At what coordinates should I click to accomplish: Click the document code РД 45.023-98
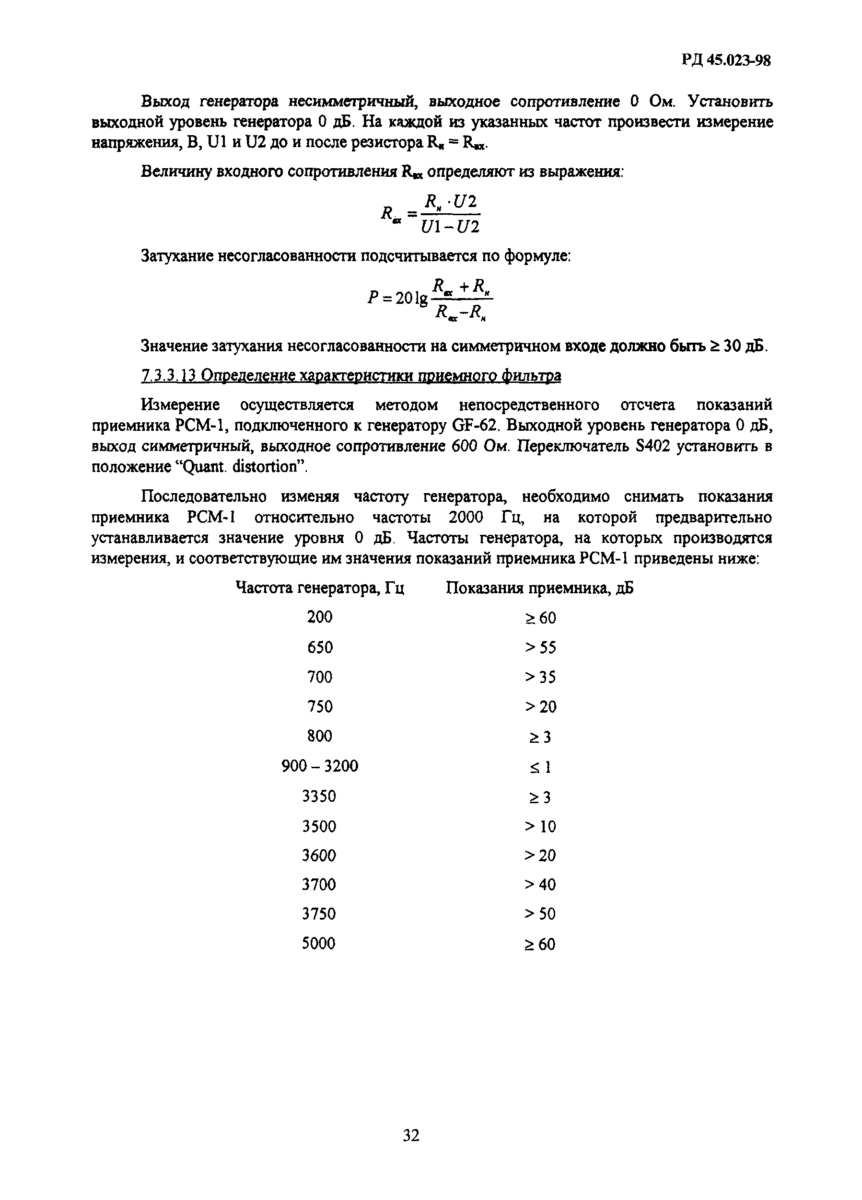coord(725,60)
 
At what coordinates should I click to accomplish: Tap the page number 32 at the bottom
coord(411,1135)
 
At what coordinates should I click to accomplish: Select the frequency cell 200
coord(320,616)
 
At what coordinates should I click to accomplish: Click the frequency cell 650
coord(320,646)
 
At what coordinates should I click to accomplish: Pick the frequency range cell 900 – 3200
coord(320,766)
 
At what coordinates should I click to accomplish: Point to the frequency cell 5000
coord(318,944)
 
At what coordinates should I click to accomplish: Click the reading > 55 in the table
coord(540,647)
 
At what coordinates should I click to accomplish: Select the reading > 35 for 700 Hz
coord(540,677)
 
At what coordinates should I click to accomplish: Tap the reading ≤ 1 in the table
coord(540,767)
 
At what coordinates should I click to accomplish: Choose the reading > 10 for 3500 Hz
coord(540,826)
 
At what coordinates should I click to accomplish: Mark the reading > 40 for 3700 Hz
coord(540,885)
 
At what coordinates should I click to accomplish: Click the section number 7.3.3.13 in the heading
coord(168,376)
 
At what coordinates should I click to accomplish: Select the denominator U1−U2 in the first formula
coord(450,227)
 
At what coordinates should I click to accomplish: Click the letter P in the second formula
coord(373,299)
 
